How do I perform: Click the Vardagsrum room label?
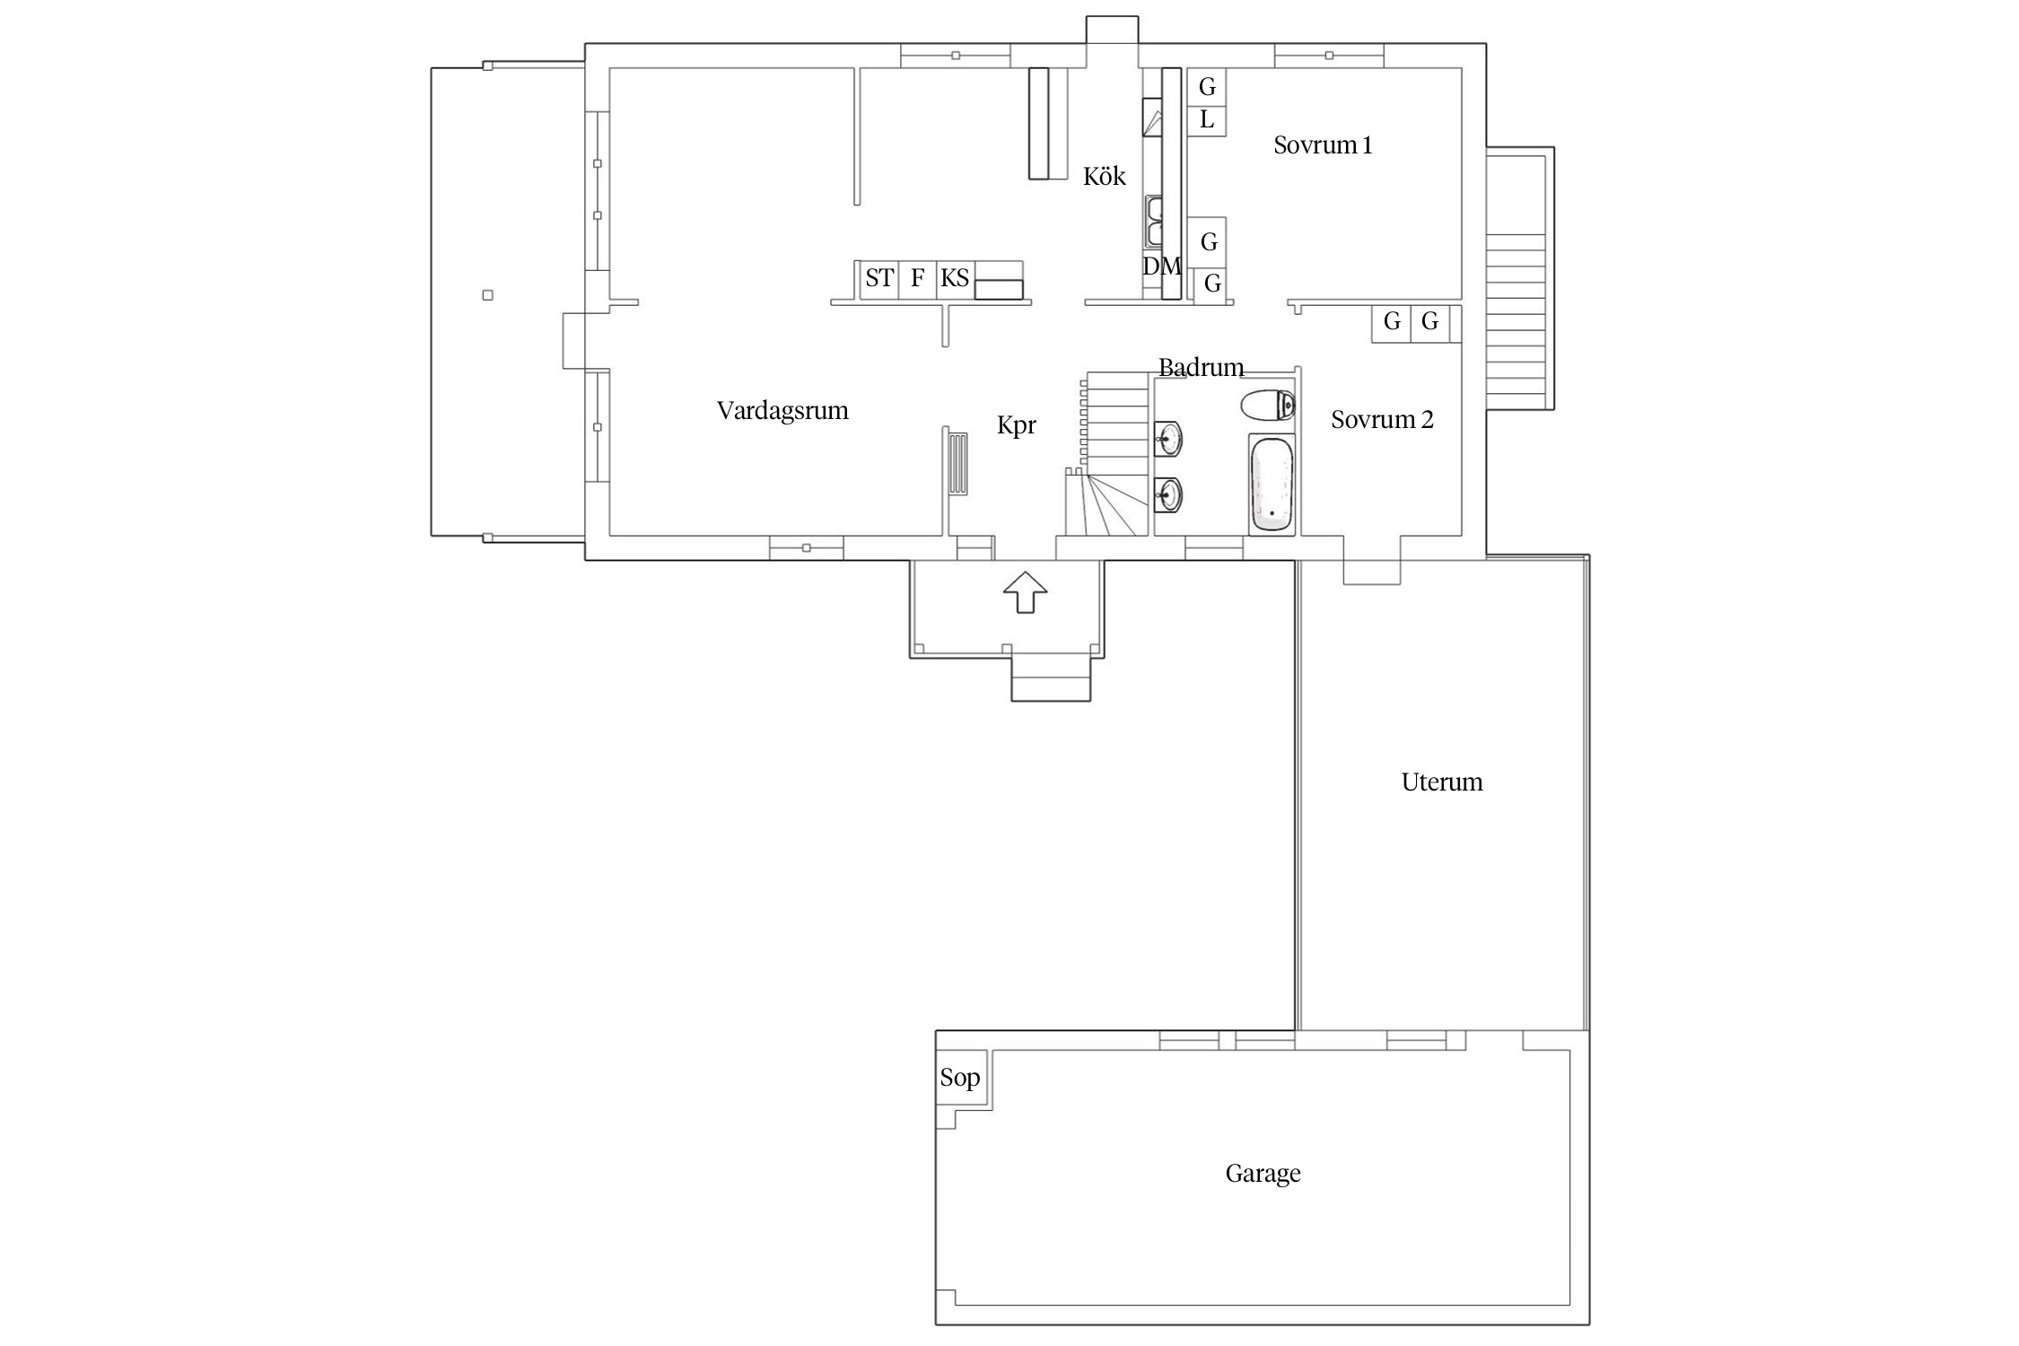click(782, 411)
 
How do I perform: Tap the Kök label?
click(1104, 176)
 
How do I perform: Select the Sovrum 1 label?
click(1323, 145)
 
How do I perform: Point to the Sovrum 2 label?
click(1382, 419)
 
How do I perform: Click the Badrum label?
click(1201, 367)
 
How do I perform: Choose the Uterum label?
click(1442, 782)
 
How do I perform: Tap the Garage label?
click(1263, 1174)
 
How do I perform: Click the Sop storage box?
click(961, 1077)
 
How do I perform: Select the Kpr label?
click(1017, 425)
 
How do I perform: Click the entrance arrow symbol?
click(1025, 592)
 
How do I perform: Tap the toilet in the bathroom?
click(1268, 406)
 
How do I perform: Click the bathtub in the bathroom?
click(1272, 484)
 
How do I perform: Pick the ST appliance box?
click(879, 279)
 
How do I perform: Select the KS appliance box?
click(955, 279)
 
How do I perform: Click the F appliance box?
click(917, 279)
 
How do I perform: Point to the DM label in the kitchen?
click(1161, 267)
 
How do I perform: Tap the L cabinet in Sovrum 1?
click(1207, 120)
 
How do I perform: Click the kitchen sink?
click(1154, 222)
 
